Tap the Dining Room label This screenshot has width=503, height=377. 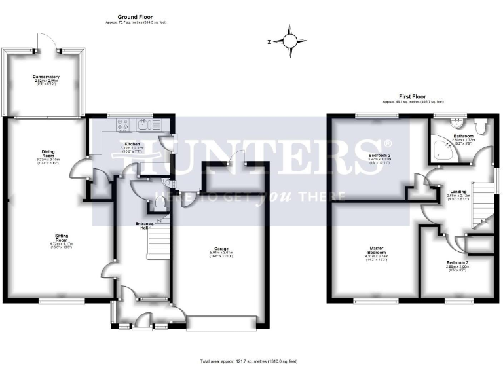coord(47,153)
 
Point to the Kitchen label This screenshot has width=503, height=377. coord(132,143)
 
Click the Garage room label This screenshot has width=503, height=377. coord(221,249)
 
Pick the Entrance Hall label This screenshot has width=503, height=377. coord(145,225)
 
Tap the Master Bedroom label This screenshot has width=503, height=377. coord(376,250)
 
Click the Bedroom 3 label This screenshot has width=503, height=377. coord(457,262)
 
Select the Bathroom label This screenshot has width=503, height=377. coord(464,135)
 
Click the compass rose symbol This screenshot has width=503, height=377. coord(289,41)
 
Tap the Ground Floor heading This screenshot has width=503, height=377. coord(136,16)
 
